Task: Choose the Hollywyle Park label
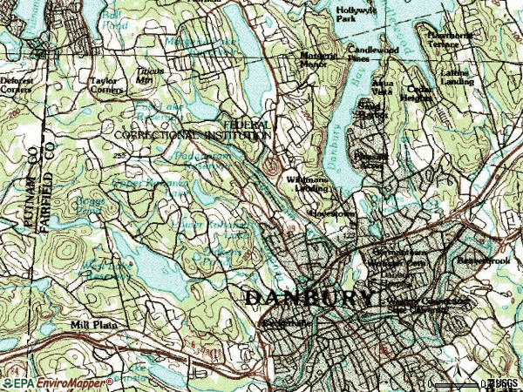pos(356,14)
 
